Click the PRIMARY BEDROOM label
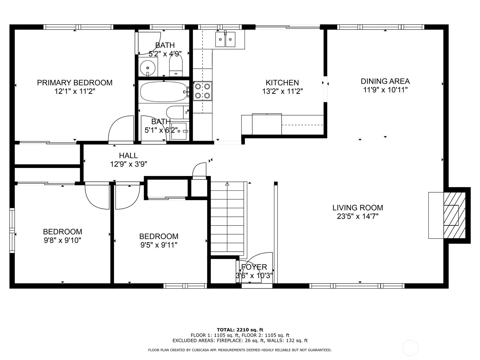click(x=75, y=82)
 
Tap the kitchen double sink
click(x=225, y=39)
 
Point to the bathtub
click(x=164, y=91)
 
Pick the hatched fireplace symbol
click(x=454, y=215)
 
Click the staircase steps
click(x=227, y=218)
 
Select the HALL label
click(x=128, y=156)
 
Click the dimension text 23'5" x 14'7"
click(x=358, y=216)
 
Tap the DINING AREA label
click(x=385, y=81)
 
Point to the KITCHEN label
click(x=282, y=82)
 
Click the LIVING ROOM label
click(x=358, y=208)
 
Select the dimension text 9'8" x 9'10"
click(x=62, y=240)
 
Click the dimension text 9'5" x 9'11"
click(x=159, y=245)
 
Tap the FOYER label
click(x=254, y=267)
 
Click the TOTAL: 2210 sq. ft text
click(x=240, y=330)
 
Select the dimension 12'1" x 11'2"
click(x=75, y=91)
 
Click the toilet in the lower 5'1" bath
click(x=177, y=112)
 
